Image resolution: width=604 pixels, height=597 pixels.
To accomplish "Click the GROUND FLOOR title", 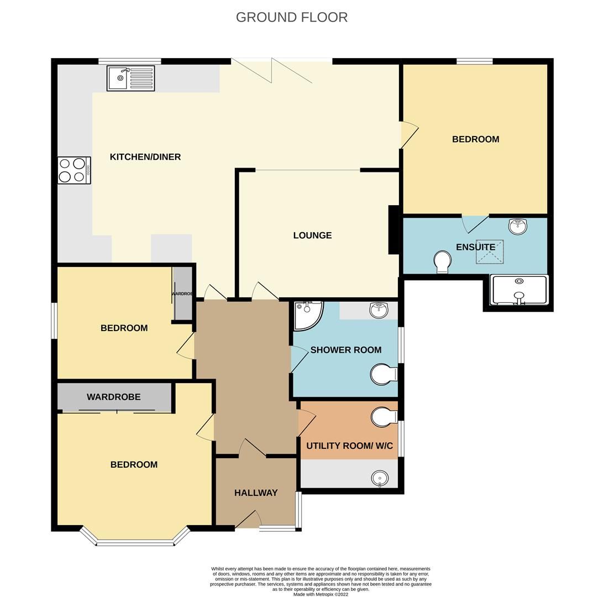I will (x=291, y=17).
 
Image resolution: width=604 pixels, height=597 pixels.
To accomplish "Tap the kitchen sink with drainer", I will (x=131, y=78).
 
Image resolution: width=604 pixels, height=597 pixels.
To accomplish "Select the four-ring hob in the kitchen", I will (x=74, y=170).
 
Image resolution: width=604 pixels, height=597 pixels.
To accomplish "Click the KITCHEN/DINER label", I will (x=145, y=157).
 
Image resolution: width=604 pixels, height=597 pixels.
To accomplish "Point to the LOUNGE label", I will (x=312, y=235).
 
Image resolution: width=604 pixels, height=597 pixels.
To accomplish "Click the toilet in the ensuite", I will (x=443, y=261).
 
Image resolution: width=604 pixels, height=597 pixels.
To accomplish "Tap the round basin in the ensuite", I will (x=518, y=226).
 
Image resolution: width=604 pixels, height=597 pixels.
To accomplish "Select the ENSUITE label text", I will (x=475, y=247).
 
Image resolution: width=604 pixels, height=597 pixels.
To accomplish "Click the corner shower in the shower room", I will (x=307, y=314).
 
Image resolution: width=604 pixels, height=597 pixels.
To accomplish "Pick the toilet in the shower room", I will (x=382, y=374).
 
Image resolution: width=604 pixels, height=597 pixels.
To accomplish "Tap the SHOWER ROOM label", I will (x=346, y=350).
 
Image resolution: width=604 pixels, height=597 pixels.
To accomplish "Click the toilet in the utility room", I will (x=383, y=417).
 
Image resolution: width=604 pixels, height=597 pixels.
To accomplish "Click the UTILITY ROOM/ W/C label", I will (x=349, y=446).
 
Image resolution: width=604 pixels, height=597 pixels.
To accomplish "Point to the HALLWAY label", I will (x=256, y=493).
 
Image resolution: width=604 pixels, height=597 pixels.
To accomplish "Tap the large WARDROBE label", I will (x=113, y=397).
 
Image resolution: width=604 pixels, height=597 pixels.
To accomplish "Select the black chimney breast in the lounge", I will (x=393, y=229).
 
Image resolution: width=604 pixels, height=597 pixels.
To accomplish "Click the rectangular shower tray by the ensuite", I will (x=519, y=290).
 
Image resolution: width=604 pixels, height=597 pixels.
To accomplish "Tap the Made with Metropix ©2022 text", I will (x=321, y=595).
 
